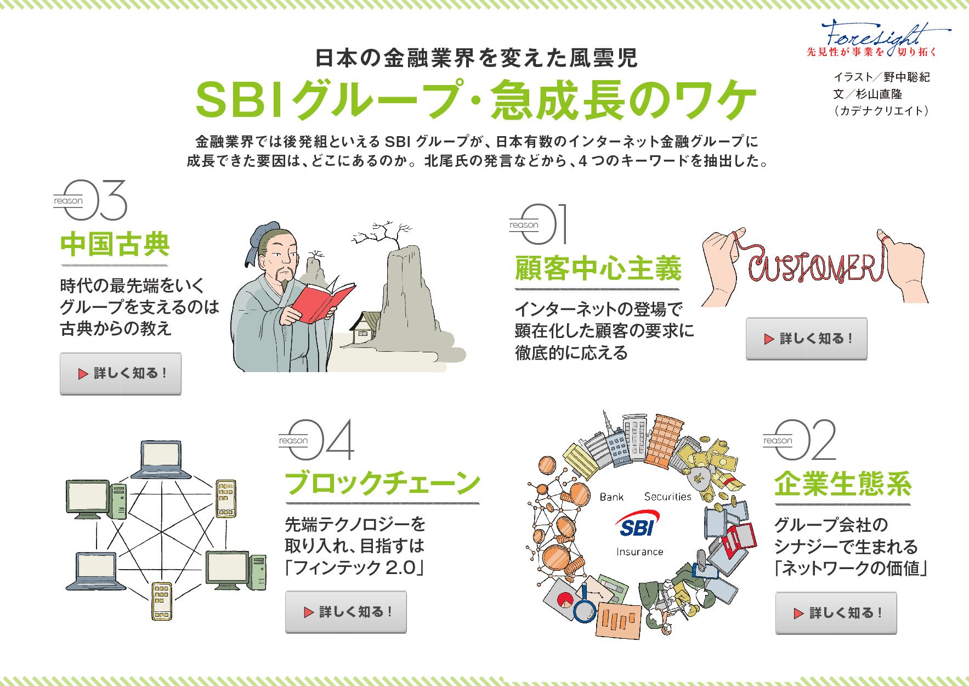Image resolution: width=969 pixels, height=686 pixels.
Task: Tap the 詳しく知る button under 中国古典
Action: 121,374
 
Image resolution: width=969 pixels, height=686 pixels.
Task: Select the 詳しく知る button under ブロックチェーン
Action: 346,612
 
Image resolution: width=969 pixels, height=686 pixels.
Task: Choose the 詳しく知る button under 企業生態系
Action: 836,613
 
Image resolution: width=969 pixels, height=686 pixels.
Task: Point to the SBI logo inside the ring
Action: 637,524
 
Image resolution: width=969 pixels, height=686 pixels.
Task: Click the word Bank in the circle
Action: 611,497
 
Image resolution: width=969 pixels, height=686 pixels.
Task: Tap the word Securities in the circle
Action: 667,497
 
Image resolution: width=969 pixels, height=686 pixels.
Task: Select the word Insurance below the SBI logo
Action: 639,552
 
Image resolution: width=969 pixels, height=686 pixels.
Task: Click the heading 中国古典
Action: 115,244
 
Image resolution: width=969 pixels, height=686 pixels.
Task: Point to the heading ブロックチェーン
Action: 382,483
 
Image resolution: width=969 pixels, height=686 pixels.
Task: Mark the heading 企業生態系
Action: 842,484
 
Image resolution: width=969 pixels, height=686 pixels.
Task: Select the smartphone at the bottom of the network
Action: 161,601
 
